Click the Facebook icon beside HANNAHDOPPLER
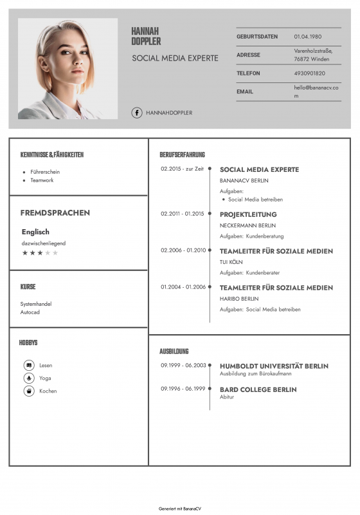(137, 113)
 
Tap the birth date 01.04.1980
(307, 37)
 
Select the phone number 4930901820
(309, 73)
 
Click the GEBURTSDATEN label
(257, 37)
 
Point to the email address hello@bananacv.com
(316, 91)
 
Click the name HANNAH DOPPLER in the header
(146, 36)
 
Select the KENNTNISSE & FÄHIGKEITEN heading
(52, 154)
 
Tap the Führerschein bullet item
(45, 172)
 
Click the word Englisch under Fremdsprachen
(35, 232)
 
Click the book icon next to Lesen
(29, 365)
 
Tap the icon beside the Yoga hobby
(29, 378)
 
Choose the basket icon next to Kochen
(29, 391)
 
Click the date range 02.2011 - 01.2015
(182, 214)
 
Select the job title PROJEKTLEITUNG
(248, 214)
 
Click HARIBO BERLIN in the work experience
(239, 299)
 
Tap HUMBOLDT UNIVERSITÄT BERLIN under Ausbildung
(274, 366)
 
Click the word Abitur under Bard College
(227, 397)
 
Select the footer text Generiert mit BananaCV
(180, 509)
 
